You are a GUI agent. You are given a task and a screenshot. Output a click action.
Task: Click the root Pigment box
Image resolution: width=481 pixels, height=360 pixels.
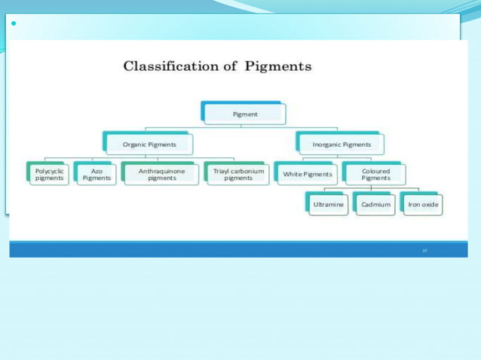244,114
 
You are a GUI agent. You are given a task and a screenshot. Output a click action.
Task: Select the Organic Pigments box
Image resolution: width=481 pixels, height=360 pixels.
149,144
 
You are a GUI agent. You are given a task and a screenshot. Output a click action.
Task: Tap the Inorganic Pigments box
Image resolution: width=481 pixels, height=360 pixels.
342,144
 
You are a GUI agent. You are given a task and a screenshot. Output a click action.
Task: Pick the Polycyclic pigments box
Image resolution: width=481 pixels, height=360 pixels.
49,174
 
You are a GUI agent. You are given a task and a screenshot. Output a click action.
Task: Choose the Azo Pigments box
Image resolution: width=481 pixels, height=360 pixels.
96,174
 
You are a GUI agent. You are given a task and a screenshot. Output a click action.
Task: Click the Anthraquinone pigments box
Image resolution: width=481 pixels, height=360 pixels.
161,174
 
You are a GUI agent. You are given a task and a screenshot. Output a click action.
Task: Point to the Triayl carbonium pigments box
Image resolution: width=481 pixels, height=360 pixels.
237,174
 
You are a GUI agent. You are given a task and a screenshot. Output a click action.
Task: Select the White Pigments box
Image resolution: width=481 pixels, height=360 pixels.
307,174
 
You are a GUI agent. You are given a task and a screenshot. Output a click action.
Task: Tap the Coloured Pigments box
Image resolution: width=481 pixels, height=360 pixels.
375,174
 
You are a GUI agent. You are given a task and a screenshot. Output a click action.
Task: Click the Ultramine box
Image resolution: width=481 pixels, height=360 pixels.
328,204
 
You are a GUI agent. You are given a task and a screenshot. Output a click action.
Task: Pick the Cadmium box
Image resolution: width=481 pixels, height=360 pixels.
375,204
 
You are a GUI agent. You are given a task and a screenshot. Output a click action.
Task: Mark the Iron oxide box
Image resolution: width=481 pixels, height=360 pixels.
423,204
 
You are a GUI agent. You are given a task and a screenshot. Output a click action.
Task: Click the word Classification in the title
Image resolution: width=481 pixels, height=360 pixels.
170,66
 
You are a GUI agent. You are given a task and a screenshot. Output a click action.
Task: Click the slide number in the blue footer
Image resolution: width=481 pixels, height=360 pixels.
424,249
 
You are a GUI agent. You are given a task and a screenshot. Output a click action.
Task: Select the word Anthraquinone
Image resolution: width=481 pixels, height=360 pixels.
161,171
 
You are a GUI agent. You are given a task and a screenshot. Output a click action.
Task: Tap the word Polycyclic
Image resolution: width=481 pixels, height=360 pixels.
49,171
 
